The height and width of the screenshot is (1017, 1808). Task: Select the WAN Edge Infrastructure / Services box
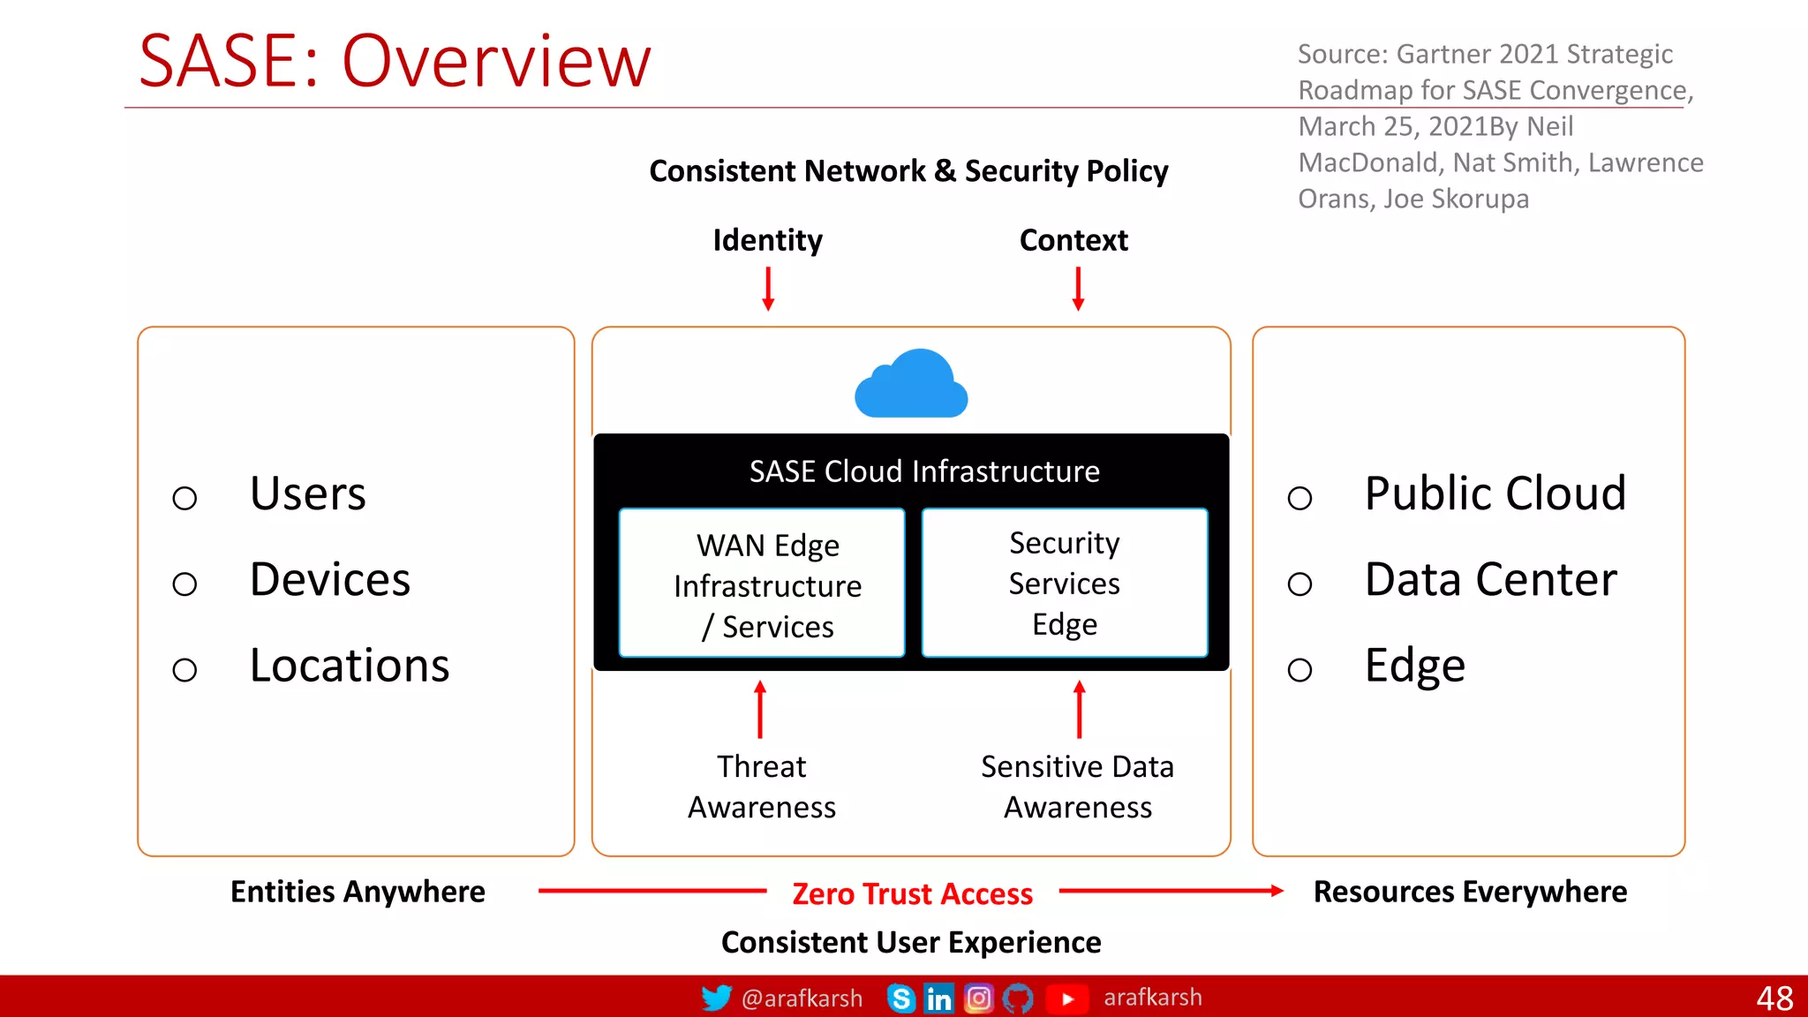coord(762,584)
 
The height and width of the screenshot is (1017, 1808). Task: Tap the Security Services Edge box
coord(1065,583)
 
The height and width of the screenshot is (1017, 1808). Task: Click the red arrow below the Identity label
coord(768,289)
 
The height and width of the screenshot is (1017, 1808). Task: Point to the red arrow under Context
coord(1078,289)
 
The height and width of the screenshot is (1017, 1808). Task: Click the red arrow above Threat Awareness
coord(760,709)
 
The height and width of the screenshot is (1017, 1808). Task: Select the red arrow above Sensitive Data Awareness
coord(1079,709)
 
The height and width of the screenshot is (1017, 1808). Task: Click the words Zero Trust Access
coord(912,893)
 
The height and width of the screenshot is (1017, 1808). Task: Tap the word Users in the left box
coord(307,493)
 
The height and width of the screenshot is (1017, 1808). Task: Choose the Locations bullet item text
coord(350,666)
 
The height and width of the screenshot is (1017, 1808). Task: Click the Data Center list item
coord(1490,580)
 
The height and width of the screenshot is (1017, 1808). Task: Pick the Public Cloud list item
coord(1495,493)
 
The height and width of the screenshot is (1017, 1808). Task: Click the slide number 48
coord(1774,998)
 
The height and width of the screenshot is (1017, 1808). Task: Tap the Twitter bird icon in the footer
coord(716,998)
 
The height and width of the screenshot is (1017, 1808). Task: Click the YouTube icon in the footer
coord(1066,998)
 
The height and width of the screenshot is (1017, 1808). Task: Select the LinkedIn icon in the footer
coord(938,998)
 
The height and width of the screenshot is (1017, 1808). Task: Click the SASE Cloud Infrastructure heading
coord(924,471)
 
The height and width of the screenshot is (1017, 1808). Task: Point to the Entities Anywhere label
coord(358,892)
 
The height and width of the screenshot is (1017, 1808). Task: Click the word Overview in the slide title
coord(496,62)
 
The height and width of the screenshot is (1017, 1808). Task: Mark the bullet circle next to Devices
coord(185,584)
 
